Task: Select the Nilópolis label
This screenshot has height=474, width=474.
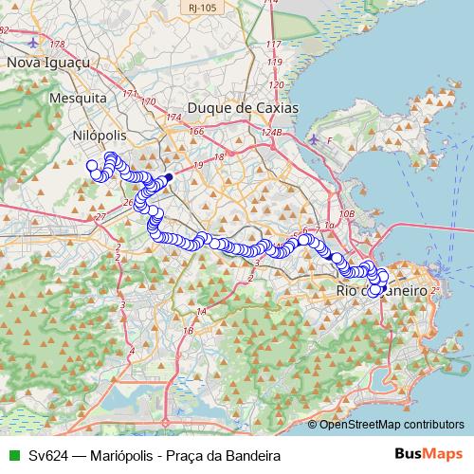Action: (100, 136)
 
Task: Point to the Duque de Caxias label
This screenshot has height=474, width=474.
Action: (243, 108)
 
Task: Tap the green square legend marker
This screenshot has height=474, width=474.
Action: (12, 456)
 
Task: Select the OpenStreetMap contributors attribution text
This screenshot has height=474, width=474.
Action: (391, 426)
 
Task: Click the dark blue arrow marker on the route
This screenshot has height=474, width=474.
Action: (168, 177)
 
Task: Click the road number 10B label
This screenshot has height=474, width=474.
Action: (346, 215)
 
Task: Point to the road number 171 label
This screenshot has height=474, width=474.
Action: (129, 94)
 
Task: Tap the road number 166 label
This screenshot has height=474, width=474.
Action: (196, 132)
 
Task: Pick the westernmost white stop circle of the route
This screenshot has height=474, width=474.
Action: (93, 166)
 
